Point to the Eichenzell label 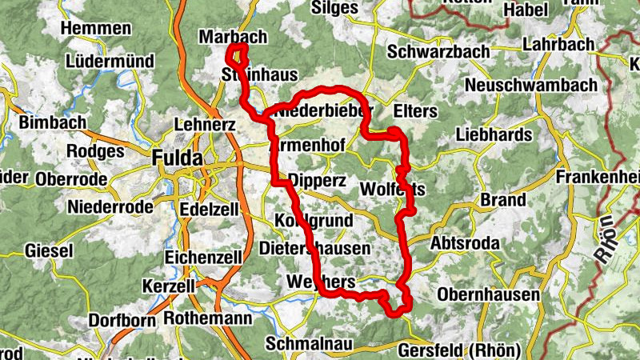click(x=202, y=257)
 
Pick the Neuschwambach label click(x=530, y=85)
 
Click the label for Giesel click(x=48, y=250)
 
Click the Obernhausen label click(x=488, y=295)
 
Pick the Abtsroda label click(x=465, y=243)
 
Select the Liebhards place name click(x=494, y=136)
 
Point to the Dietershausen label click(x=314, y=249)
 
